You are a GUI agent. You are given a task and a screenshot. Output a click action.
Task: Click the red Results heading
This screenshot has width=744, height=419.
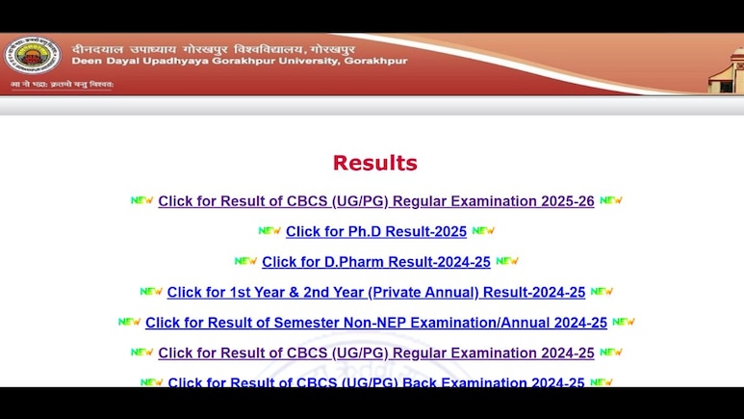[374, 163]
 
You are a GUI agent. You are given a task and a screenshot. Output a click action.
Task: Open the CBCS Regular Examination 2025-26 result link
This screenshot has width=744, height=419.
[376, 201]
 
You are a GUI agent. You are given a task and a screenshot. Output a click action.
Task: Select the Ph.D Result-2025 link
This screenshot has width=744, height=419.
[376, 231]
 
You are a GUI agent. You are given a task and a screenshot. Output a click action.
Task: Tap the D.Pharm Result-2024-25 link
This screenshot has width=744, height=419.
[376, 261]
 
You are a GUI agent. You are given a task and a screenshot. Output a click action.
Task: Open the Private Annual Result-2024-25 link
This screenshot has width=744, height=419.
[376, 292]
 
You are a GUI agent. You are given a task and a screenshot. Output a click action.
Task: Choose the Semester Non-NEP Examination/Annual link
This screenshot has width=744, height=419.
[376, 323]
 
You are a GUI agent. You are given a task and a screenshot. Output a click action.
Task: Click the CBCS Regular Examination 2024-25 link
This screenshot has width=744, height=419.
[376, 353]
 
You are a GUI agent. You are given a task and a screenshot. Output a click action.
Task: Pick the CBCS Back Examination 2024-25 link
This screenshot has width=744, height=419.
[376, 381]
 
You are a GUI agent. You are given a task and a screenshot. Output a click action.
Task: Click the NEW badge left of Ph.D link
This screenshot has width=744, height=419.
[269, 231]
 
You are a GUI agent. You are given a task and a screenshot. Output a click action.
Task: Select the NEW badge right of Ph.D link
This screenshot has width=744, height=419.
[483, 231]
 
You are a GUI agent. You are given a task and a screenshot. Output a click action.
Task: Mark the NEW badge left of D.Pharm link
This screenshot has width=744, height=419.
[245, 261]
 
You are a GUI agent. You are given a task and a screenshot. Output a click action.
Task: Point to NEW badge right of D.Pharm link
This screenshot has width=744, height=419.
[507, 261]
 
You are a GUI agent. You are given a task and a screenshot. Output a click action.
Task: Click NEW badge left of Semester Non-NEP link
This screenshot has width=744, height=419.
[130, 322]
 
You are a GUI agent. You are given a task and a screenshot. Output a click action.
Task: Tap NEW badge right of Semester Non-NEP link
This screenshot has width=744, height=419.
[624, 322]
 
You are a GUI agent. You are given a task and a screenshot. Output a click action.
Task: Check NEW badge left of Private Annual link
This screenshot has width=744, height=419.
[151, 291]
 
